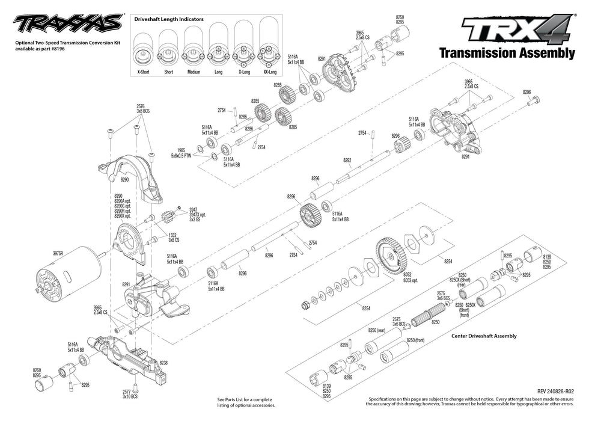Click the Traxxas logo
[66, 25]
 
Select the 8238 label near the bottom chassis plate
[163, 363]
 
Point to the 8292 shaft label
[347, 161]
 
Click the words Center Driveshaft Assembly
[483, 336]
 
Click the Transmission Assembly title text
[507, 53]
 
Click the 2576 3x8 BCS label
[142, 108]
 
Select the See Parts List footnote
[245, 401]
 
